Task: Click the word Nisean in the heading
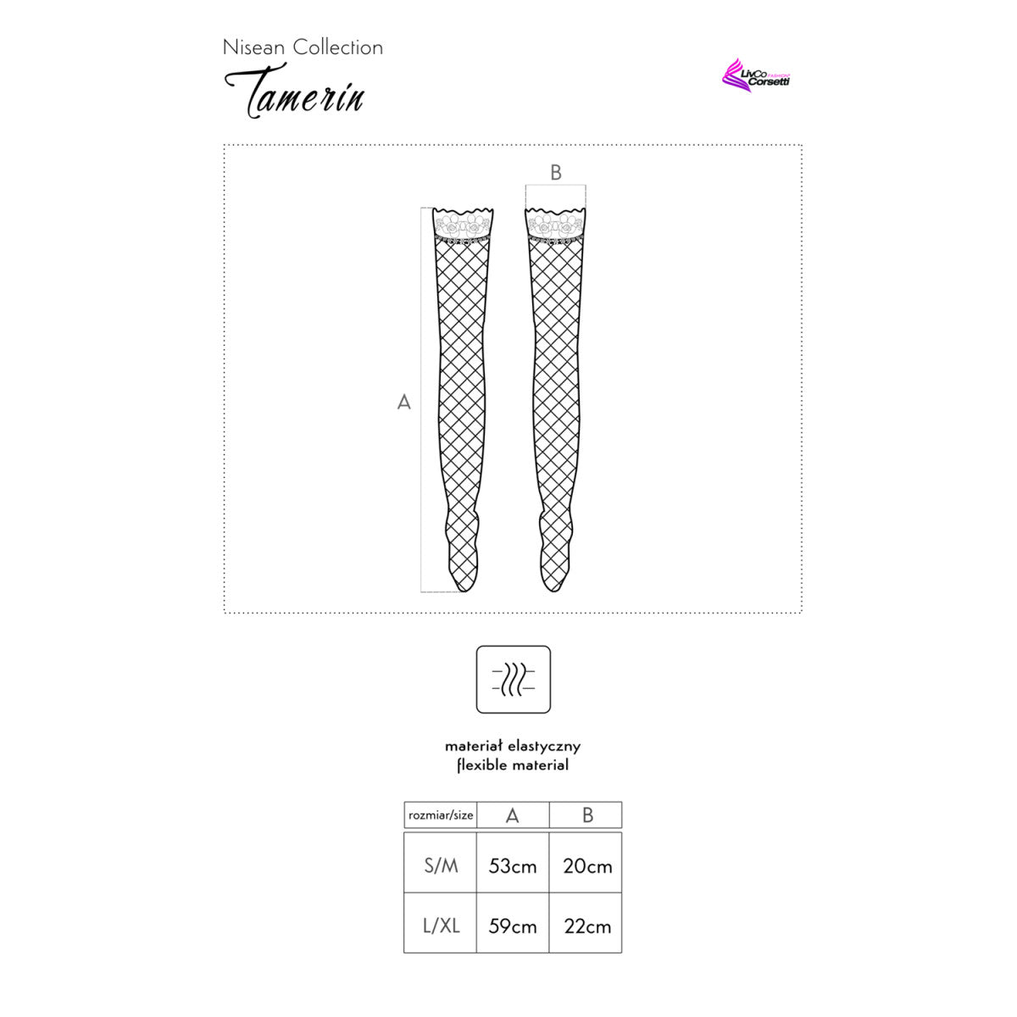(253, 47)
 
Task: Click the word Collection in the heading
(338, 47)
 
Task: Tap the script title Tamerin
(294, 91)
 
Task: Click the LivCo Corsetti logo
(755, 75)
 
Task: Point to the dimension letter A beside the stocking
(403, 403)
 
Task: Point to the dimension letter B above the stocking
(556, 173)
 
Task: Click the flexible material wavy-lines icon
(513, 679)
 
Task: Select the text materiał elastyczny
(513, 747)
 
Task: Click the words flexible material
(513, 764)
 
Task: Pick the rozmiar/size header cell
(440, 815)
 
